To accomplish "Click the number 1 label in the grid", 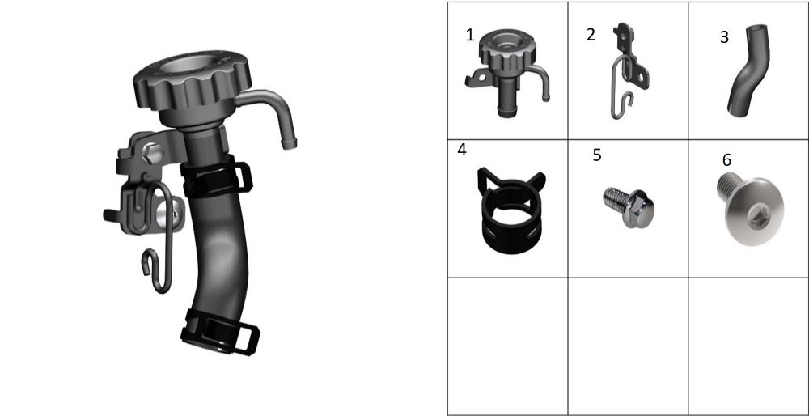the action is point(469,35).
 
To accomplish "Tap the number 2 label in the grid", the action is point(591,35).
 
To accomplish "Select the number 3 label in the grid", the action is point(724,37).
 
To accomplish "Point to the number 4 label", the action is point(462,150).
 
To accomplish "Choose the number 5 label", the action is point(597,155).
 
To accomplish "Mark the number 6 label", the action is point(726,160).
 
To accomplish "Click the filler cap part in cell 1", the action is point(508,72).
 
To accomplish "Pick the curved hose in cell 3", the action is point(748,70).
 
